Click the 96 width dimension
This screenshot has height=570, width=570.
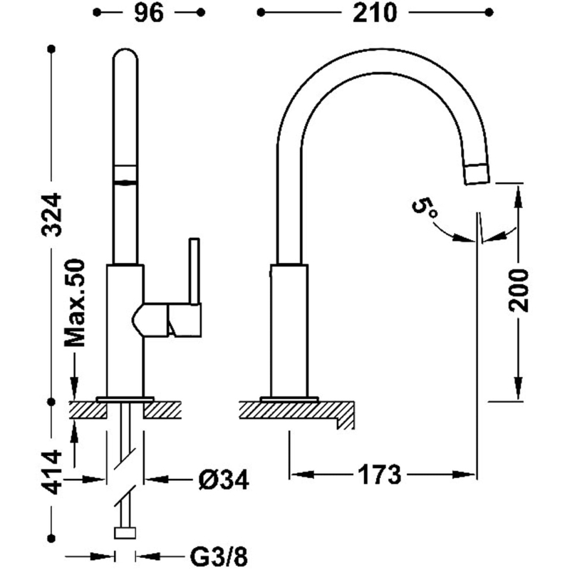click(149, 13)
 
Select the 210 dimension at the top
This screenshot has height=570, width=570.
click(375, 13)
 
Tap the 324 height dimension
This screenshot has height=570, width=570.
click(52, 215)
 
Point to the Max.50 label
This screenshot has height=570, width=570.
click(75, 302)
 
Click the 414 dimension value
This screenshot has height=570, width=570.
click(52, 472)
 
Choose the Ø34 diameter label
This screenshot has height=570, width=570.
click(224, 480)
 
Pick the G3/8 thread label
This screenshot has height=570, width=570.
click(219, 556)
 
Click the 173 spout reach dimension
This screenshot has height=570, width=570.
click(380, 475)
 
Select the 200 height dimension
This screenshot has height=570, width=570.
click(518, 291)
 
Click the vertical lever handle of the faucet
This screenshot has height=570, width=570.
click(195, 271)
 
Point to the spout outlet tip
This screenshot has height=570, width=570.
click(477, 174)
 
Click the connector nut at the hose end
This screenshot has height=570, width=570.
click(125, 533)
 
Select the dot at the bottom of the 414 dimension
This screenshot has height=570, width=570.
click(51, 538)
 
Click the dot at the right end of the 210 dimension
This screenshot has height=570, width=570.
click(489, 13)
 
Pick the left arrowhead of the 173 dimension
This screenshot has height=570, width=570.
click(301, 475)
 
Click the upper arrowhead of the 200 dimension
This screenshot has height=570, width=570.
click(518, 197)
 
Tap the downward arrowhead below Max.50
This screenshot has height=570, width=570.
click(75, 388)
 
